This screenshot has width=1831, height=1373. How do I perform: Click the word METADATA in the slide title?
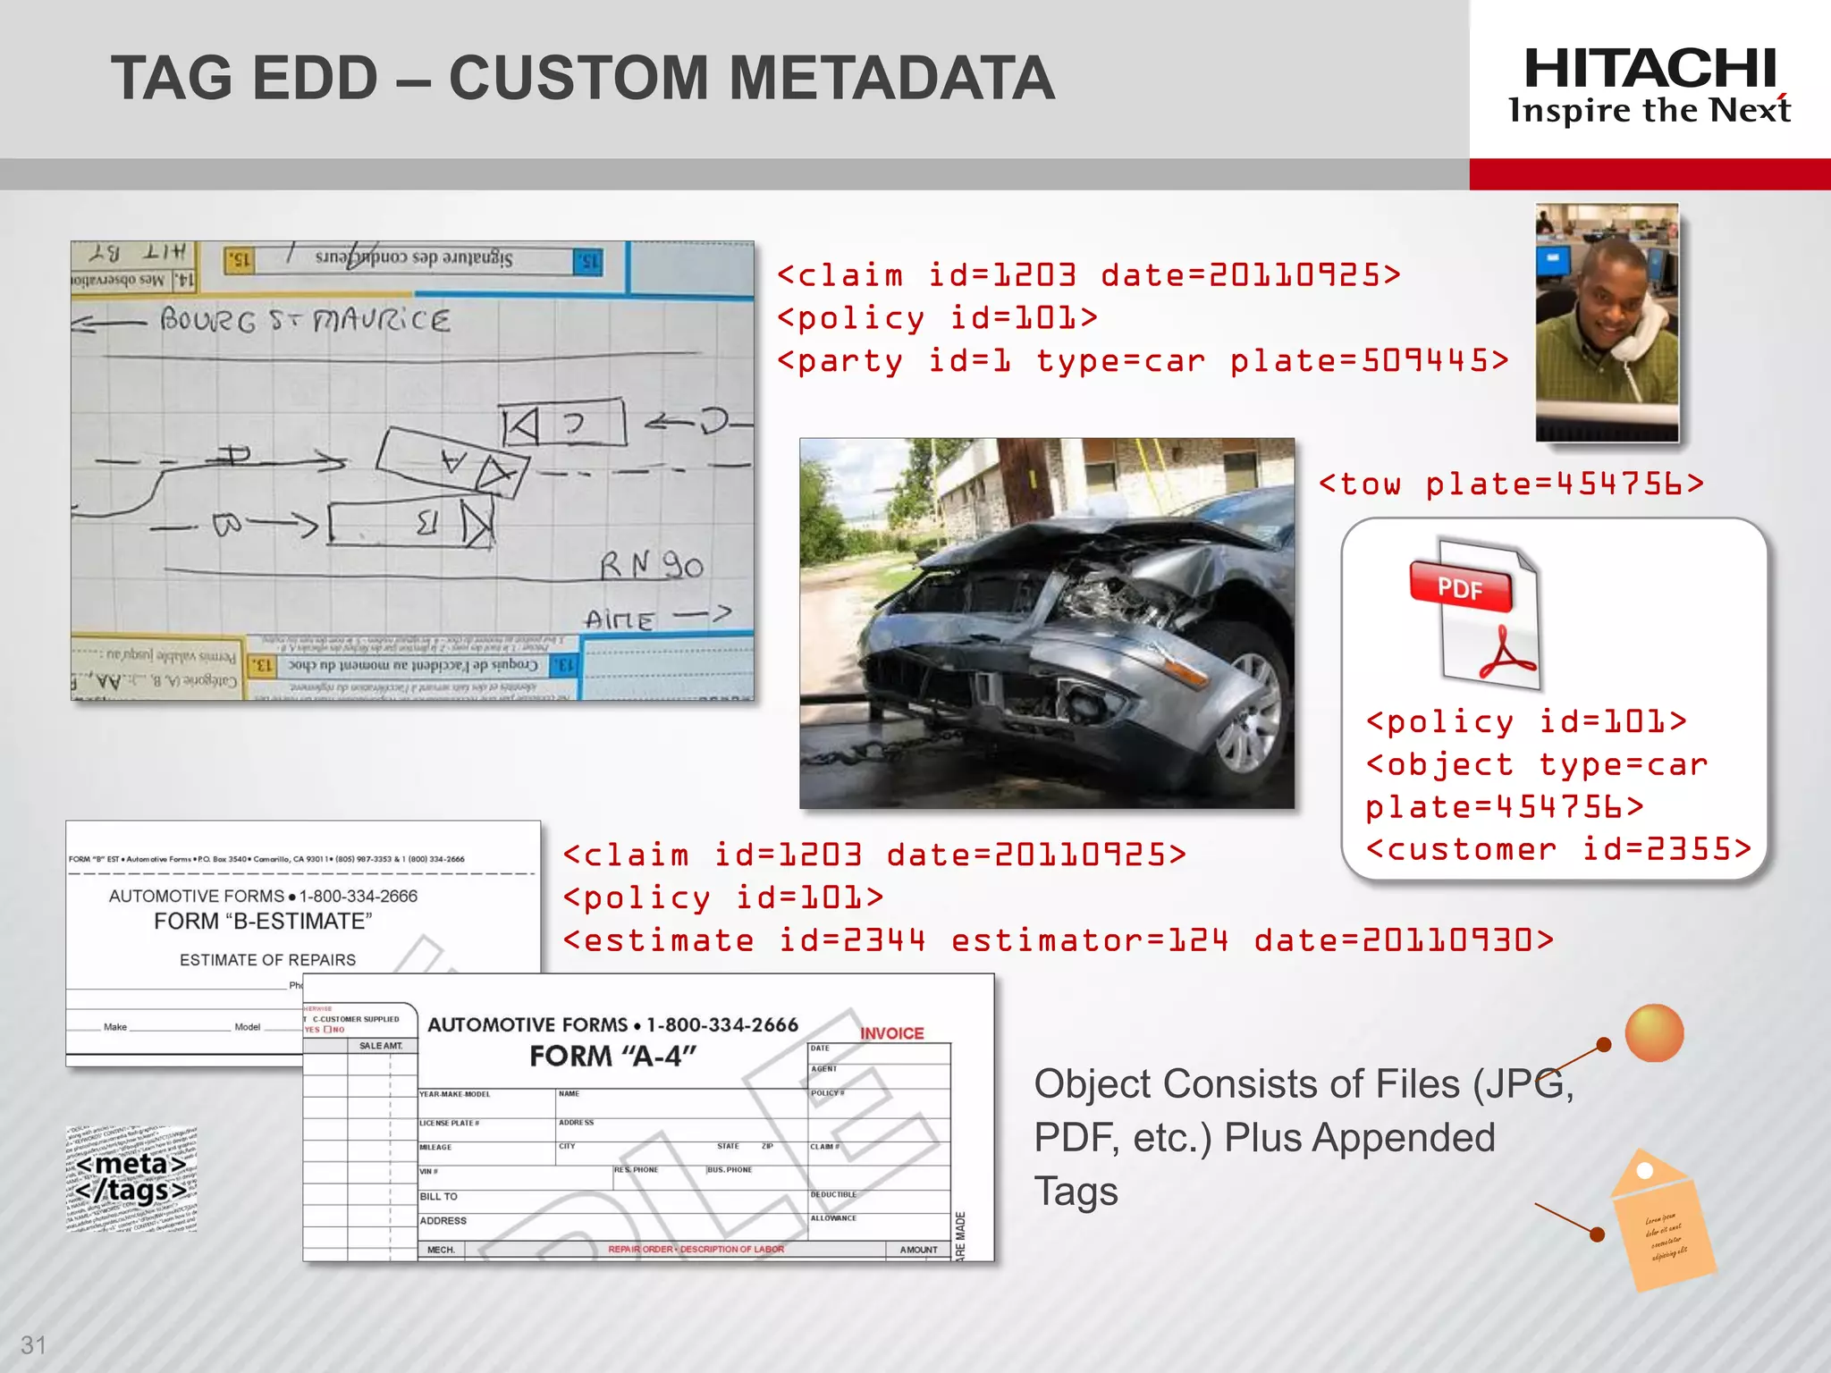tap(891, 79)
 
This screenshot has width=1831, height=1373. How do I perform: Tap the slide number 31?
tap(33, 1344)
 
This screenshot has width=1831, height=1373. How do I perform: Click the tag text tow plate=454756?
tap(1511, 484)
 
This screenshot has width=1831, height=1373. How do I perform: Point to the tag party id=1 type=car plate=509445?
tap(1143, 361)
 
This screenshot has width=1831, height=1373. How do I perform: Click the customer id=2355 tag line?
tap(1558, 849)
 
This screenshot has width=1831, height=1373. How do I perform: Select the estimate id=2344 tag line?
tap(1058, 940)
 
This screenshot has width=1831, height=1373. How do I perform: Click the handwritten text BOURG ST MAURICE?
tap(304, 320)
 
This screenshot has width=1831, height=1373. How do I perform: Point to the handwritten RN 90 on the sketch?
tap(651, 565)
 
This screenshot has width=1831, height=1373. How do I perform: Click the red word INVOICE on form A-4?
tap(891, 1033)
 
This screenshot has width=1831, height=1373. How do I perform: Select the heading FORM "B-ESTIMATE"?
tap(263, 922)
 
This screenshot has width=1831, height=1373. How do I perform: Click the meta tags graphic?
tap(131, 1178)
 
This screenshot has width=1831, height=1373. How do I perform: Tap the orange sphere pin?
tap(1654, 1033)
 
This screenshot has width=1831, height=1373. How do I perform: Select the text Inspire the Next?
tap(1650, 111)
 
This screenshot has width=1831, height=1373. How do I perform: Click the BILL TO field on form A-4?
tap(438, 1196)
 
